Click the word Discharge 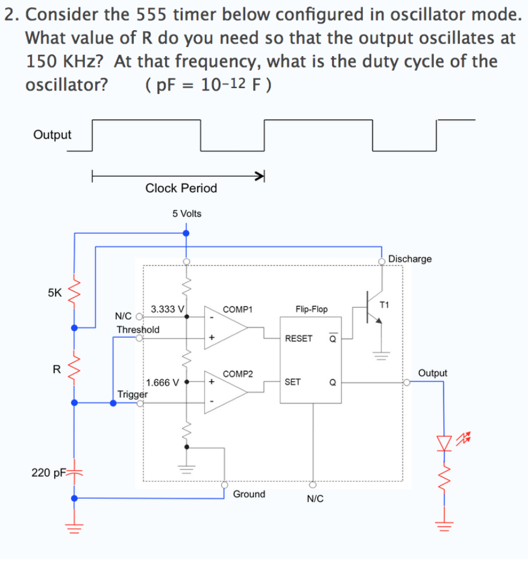[x=410, y=259]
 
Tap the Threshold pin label [x=138, y=329]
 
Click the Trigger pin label [x=133, y=394]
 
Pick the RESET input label [x=298, y=338]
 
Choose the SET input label [x=292, y=382]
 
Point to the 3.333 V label [x=167, y=309]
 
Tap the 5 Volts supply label [x=187, y=214]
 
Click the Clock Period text [x=181, y=188]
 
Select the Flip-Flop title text [x=312, y=309]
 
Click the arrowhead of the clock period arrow [x=260, y=176]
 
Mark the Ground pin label [x=249, y=494]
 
